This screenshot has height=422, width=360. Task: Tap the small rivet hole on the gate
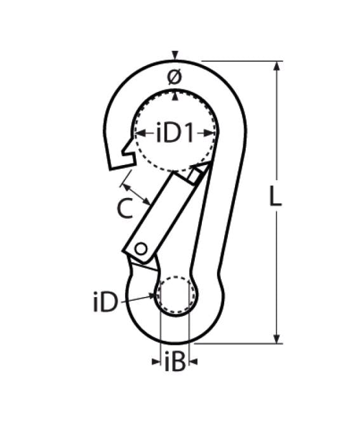click(141, 248)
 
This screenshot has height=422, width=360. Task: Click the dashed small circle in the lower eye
click(176, 295)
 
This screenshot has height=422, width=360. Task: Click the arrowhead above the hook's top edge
click(175, 55)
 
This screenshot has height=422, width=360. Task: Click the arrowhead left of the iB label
click(157, 362)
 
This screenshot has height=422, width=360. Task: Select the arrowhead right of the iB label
click(194, 362)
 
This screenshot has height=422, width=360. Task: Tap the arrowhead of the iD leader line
click(154, 294)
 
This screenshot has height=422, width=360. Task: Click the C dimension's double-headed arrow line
click(137, 193)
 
